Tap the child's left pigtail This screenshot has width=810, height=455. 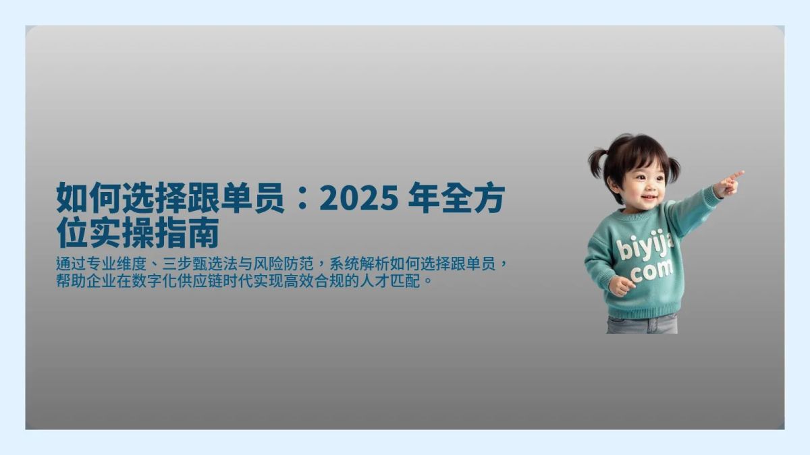[598, 163]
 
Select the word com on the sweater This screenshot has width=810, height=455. [653, 272]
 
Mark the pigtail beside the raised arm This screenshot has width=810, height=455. [672, 169]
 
